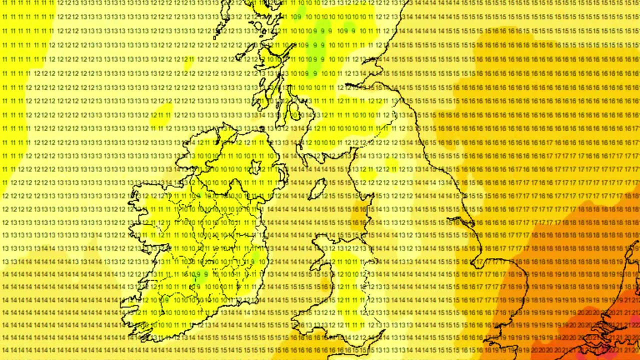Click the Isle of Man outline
[x=317, y=189]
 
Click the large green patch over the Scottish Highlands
[x=320, y=30]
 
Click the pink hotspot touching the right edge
[x=634, y=320]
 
